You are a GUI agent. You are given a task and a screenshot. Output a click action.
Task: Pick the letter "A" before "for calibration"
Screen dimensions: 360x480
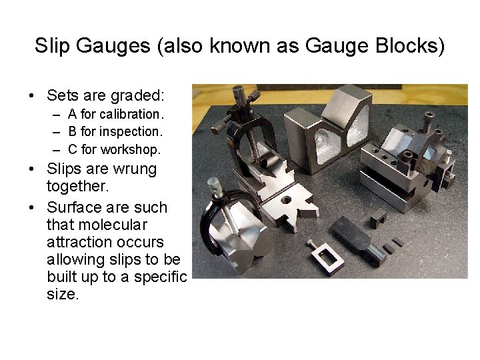(73, 114)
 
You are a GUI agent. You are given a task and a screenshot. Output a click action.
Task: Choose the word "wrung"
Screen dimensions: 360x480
(134, 169)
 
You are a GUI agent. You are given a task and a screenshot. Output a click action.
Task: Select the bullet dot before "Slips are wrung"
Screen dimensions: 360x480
(33, 169)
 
